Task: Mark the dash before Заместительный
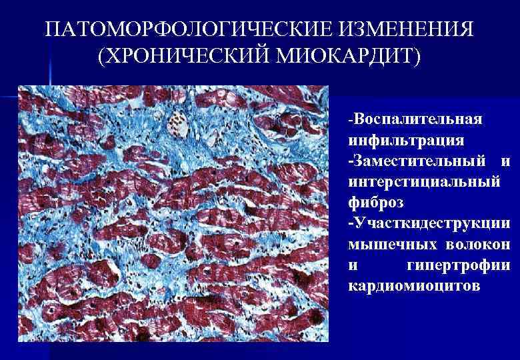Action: pos(350,161)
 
